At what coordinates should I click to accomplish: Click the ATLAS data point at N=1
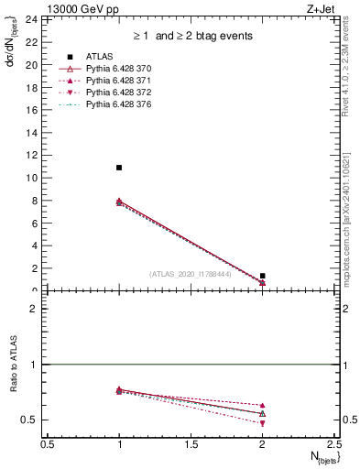pyautogui.click(x=119, y=168)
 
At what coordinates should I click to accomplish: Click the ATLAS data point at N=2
pyautogui.click(x=263, y=276)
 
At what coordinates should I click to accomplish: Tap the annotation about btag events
pyautogui.click(x=191, y=37)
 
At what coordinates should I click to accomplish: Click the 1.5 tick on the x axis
pyautogui.click(x=191, y=443)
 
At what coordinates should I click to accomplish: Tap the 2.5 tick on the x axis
pyautogui.click(x=334, y=443)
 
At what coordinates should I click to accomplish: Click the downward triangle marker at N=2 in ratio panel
pyautogui.click(x=263, y=424)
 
